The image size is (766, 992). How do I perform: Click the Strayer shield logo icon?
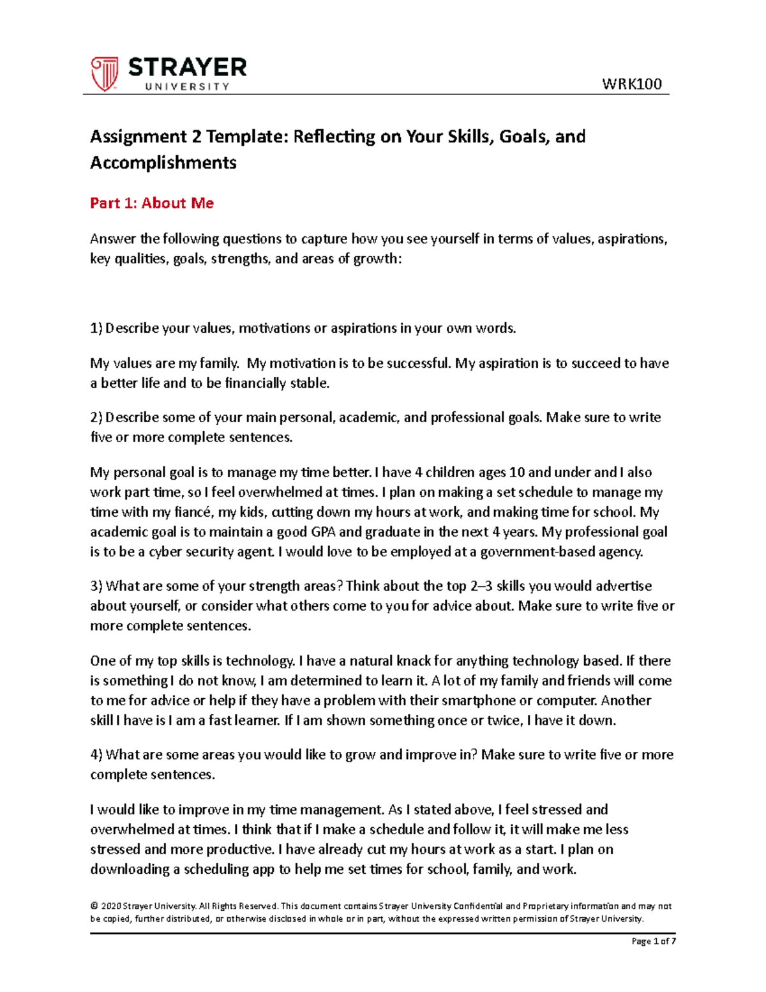tap(104, 73)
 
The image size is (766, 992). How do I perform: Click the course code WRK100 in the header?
tap(631, 84)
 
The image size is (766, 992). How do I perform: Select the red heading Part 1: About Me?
tap(151, 203)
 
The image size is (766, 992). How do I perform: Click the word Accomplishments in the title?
tap(163, 163)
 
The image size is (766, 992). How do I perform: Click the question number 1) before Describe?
tap(96, 328)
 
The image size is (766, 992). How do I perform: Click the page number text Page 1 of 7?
tap(653, 941)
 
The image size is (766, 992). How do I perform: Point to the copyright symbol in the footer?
tap(94, 906)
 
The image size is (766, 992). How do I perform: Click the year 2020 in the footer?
tap(110, 906)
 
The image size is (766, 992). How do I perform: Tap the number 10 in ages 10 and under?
tap(516, 473)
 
